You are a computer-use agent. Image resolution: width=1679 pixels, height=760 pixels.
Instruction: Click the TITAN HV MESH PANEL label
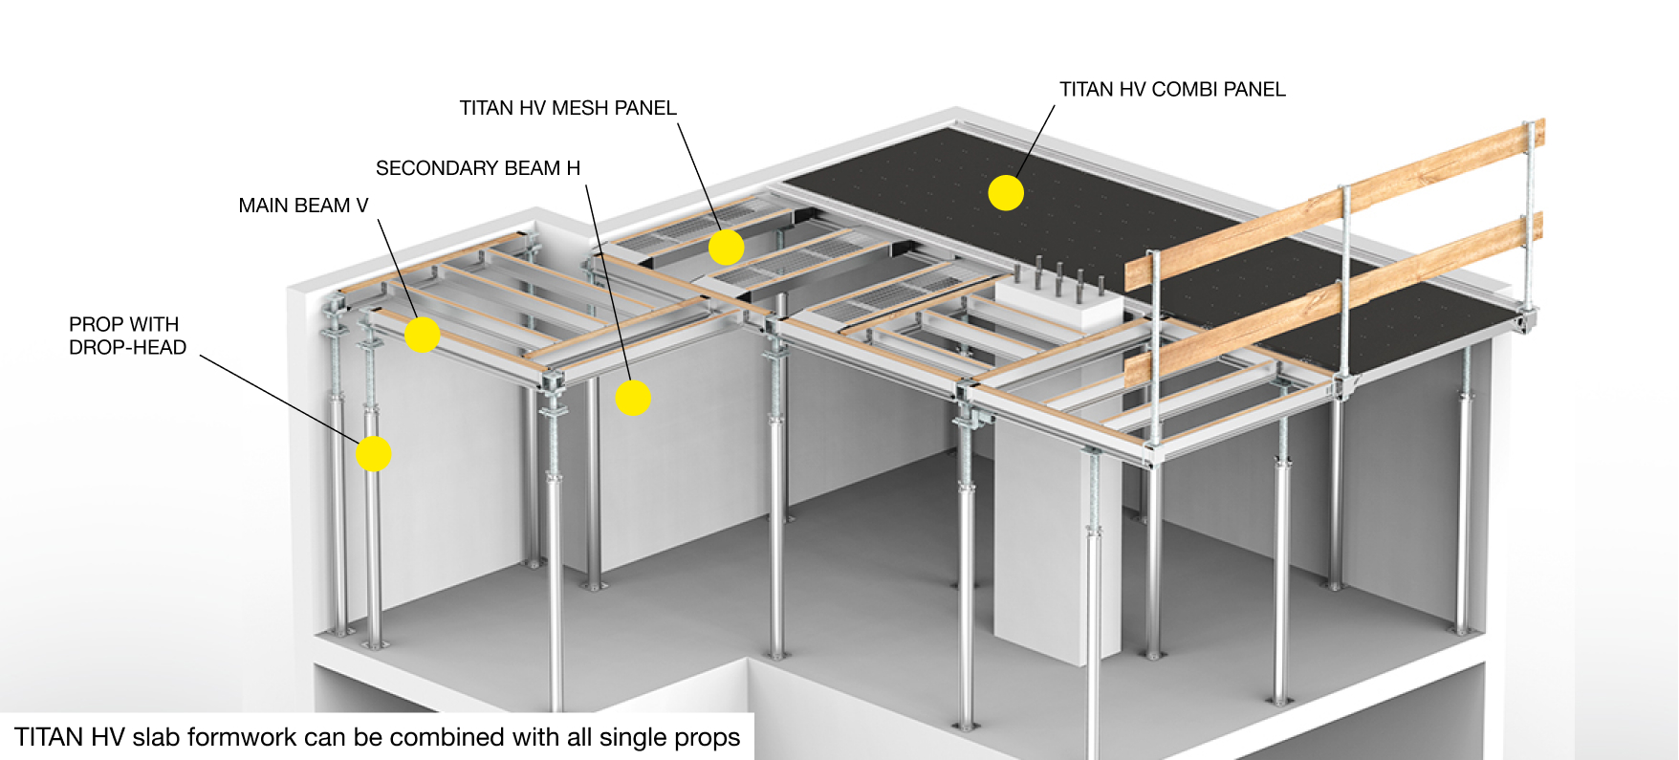click(x=567, y=108)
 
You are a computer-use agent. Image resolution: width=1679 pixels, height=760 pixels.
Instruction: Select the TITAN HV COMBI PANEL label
click(x=1172, y=89)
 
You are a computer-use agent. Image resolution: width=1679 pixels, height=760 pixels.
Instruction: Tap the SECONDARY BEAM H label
click(x=477, y=168)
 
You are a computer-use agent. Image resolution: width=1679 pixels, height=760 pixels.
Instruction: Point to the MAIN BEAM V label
click(x=303, y=206)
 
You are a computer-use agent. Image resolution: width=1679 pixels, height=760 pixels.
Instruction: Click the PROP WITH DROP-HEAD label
click(x=127, y=336)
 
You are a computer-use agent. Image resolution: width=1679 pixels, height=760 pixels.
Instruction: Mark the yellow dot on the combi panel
click(x=1006, y=192)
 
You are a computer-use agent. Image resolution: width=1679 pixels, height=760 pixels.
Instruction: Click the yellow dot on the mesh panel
click(x=727, y=247)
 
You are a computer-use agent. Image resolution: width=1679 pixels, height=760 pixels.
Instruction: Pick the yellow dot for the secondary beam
click(x=633, y=397)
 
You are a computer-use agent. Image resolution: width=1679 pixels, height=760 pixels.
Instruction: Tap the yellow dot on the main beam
click(x=422, y=335)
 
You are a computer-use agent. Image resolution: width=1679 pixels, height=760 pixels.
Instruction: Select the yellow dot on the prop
click(x=373, y=453)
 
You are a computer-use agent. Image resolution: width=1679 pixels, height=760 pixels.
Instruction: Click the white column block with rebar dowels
click(x=1059, y=306)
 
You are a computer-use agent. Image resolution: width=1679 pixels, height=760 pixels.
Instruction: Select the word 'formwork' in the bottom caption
click(x=242, y=737)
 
